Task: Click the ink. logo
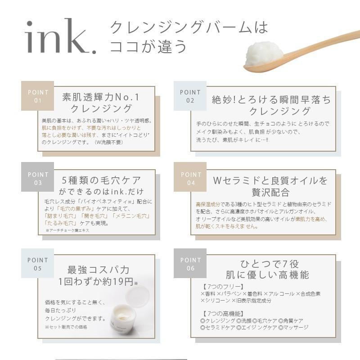click(x=61, y=37)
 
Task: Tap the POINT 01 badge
click(x=38, y=96)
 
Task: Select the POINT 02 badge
click(x=190, y=96)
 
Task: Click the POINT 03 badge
click(x=38, y=178)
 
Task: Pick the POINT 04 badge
click(x=191, y=178)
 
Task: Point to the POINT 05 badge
click(x=38, y=264)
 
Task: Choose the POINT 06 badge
click(x=190, y=264)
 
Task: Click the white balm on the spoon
click(x=264, y=54)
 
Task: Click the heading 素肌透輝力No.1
click(x=102, y=97)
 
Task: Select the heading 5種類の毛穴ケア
click(x=102, y=180)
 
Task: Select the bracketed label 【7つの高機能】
click(x=224, y=313)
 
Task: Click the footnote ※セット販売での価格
click(x=66, y=327)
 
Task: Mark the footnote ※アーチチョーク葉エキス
click(x=67, y=230)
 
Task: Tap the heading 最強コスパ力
click(x=98, y=270)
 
